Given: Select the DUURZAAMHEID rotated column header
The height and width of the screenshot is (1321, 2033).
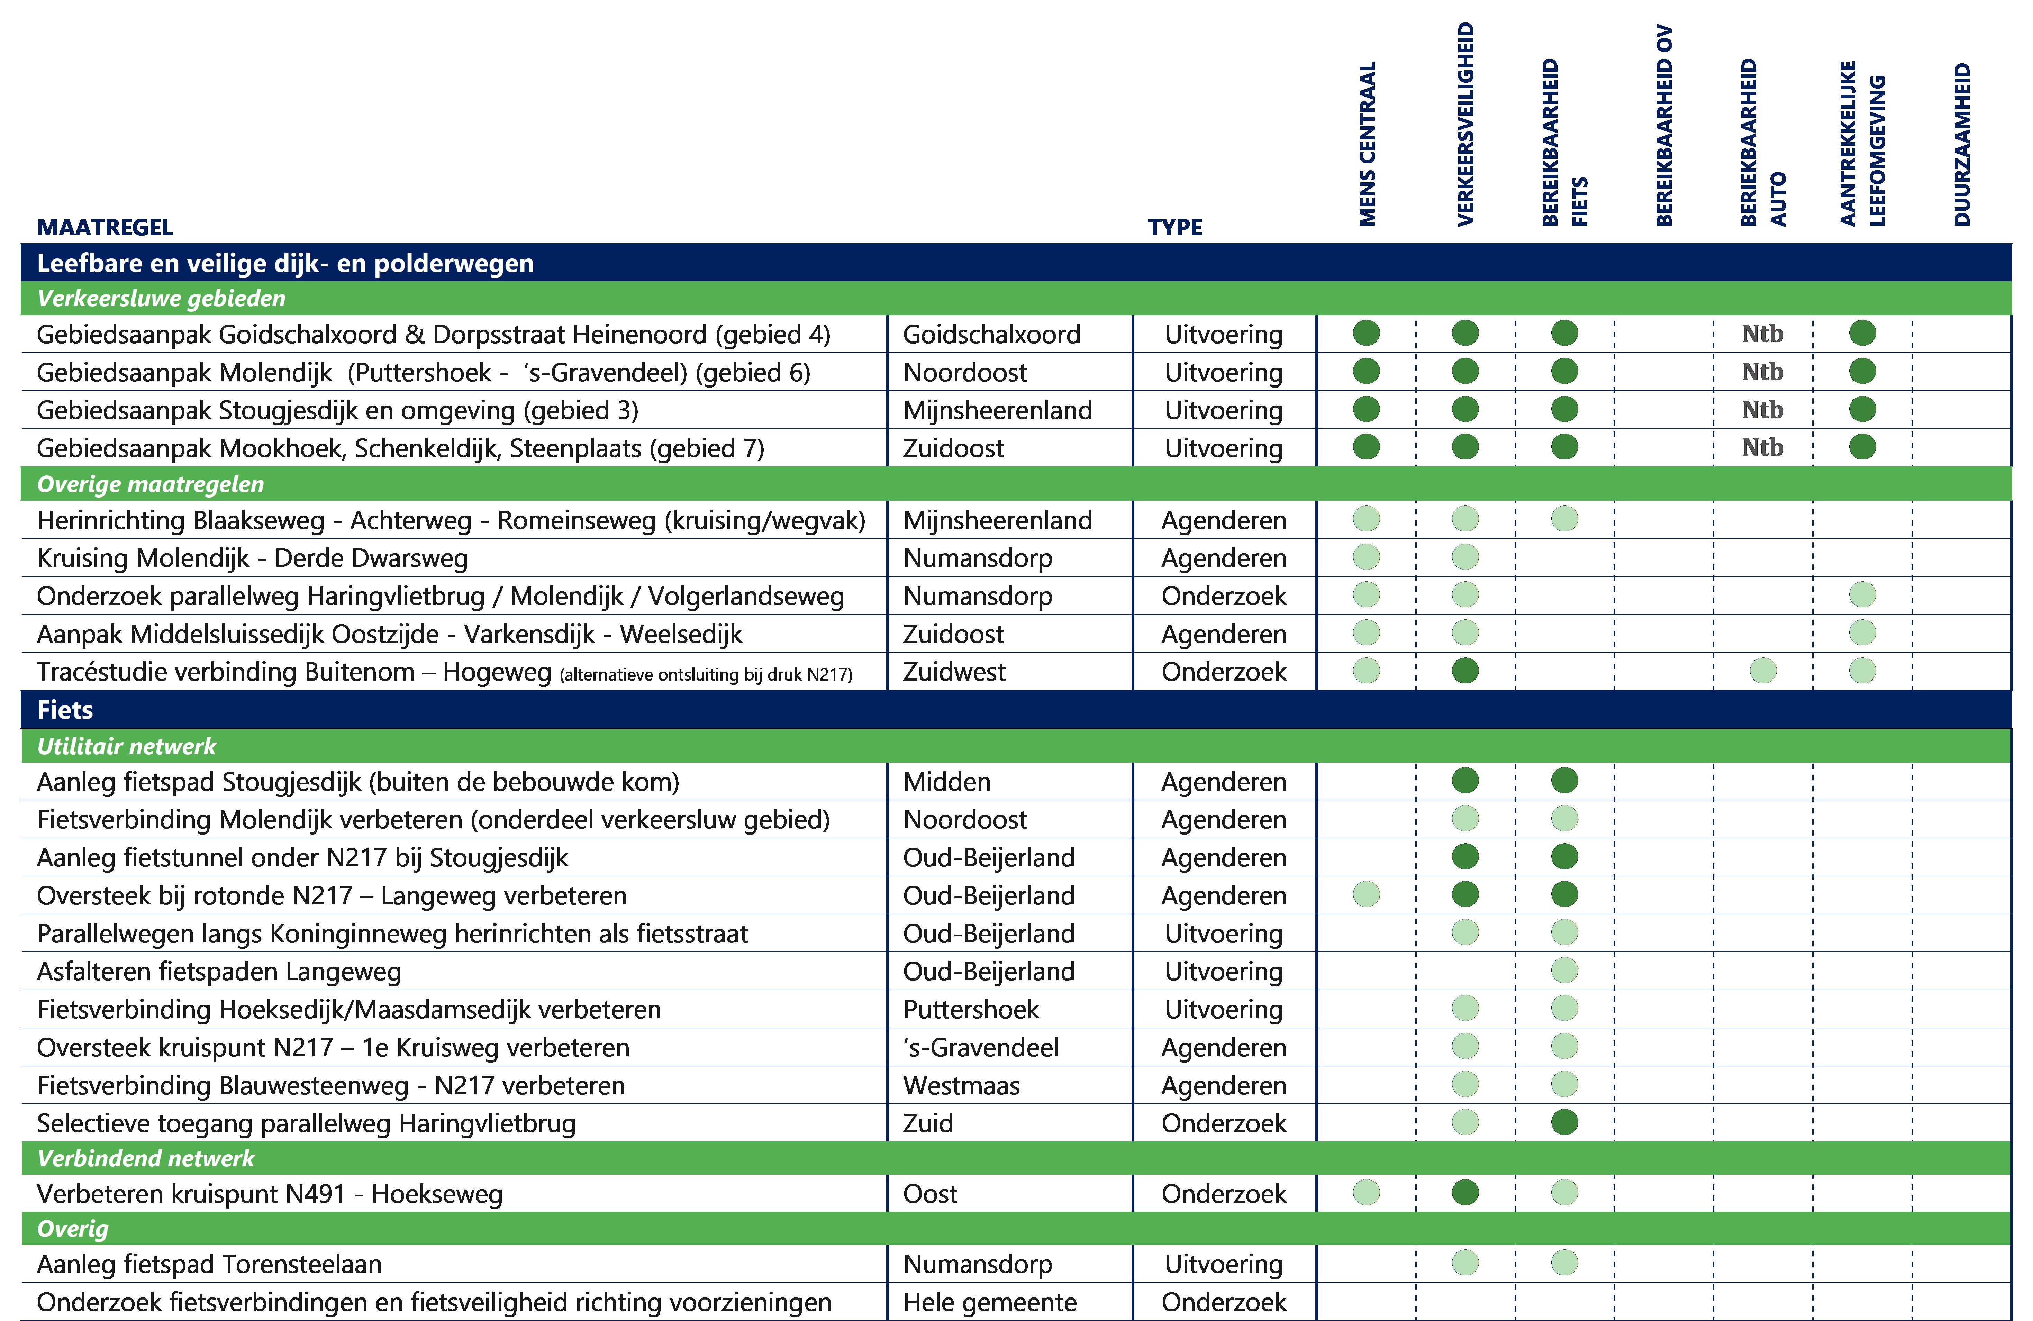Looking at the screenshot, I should pos(1962,144).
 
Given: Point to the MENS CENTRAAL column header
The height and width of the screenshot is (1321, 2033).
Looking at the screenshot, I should pos(1368,144).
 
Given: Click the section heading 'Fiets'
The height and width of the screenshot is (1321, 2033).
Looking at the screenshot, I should pos(65,710).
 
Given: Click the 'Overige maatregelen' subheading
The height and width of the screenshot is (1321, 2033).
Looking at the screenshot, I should pos(150,484).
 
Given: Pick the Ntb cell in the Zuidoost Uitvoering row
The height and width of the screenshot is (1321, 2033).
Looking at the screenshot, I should pos(1762,447).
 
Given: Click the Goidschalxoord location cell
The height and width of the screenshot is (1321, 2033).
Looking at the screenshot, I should pos(991,334).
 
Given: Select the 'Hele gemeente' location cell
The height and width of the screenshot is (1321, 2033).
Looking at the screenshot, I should pos(989,1301).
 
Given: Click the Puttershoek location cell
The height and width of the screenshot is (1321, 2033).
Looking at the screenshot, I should pos(970,1009).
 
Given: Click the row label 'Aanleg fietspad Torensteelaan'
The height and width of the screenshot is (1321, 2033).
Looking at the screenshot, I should pos(209,1264).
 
